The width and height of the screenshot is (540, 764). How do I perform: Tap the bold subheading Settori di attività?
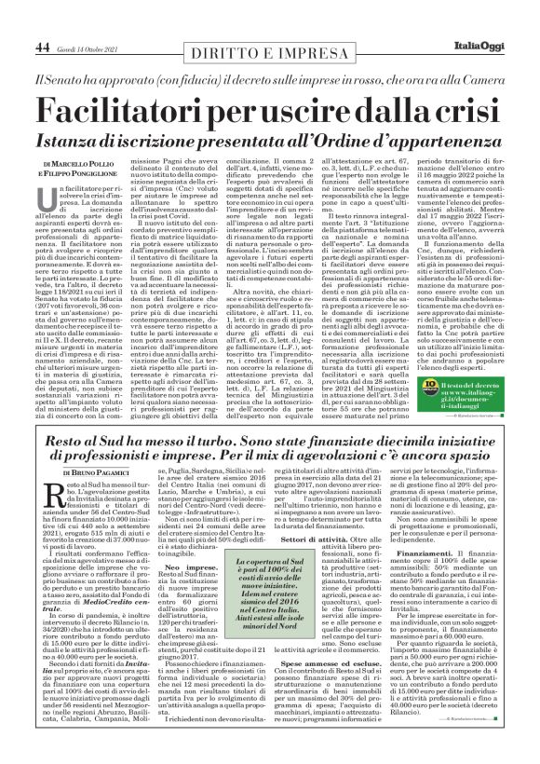321,539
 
